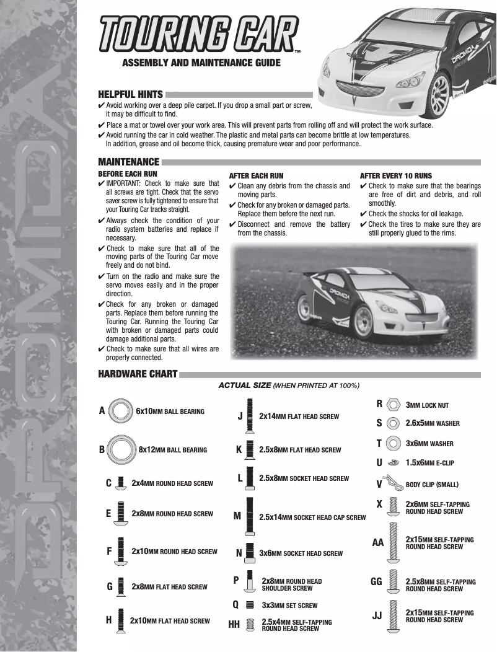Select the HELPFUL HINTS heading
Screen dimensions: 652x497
click(131, 95)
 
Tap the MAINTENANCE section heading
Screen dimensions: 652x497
click(129, 162)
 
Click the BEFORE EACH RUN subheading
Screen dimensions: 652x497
click(128, 175)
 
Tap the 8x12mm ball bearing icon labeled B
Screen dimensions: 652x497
click(122, 449)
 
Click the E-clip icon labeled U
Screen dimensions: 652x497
click(392, 462)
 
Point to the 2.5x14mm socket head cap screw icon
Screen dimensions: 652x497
click(249, 516)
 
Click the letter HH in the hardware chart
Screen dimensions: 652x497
click(234, 625)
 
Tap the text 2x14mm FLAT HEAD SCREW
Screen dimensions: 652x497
click(299, 416)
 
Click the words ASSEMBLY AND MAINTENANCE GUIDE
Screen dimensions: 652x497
click(201, 63)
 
